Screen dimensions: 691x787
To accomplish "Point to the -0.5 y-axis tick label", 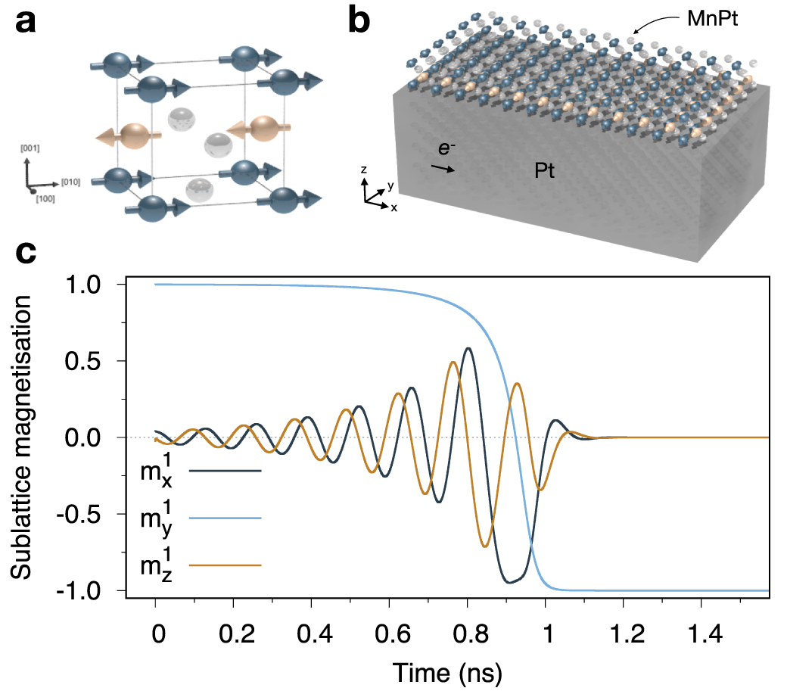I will coord(93,514).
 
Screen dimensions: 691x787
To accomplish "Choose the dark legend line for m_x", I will coord(225,471).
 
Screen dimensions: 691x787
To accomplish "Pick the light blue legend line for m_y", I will coord(225,518).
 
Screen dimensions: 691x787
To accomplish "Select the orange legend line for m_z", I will coord(225,565).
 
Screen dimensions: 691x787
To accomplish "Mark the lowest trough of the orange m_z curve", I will coord(485,546).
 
